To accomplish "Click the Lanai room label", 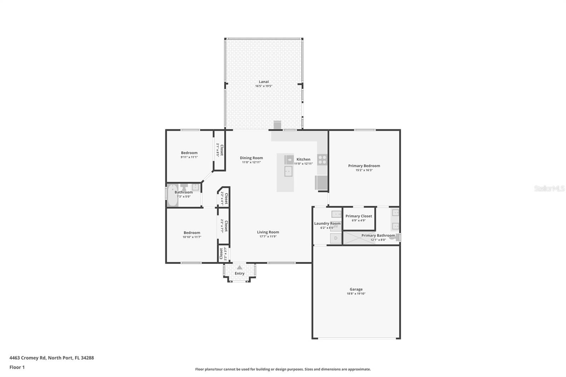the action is pos(264,82).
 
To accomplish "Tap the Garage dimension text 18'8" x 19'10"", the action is pos(356,294).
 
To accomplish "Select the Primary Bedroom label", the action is pos(364,166).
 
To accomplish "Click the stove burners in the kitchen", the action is pos(322,160).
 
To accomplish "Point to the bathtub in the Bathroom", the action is pos(173,195).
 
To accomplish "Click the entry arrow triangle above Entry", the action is pos(239,267).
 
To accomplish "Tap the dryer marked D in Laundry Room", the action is pos(336,238).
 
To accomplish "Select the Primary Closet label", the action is pos(359,216).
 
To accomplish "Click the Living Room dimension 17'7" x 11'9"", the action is pos(268,237).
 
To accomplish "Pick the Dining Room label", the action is pos(252,158).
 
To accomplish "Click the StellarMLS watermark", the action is pos(549,188).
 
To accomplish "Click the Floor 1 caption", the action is pos(17,367).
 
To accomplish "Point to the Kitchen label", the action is pos(303,159).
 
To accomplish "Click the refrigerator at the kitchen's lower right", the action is pos(321,182).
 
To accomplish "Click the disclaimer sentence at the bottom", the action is pos(283,369).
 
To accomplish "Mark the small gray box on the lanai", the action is pos(277,125).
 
